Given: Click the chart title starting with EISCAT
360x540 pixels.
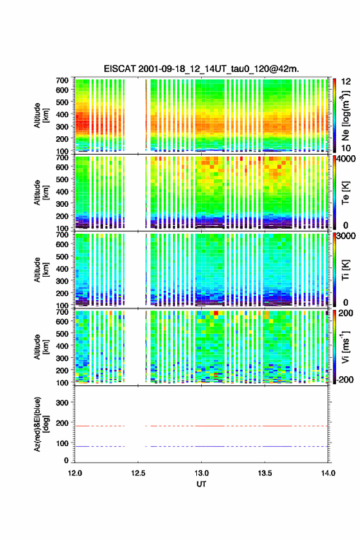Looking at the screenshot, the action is pyautogui.click(x=201, y=69).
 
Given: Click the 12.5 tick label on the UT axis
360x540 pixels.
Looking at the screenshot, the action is pyautogui.click(x=138, y=473).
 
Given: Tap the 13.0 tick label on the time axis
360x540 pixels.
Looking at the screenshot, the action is pyautogui.click(x=201, y=473).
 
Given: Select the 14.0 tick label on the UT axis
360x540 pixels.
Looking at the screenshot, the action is pyautogui.click(x=328, y=473).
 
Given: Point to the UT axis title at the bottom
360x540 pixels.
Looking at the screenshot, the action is pyautogui.click(x=201, y=484).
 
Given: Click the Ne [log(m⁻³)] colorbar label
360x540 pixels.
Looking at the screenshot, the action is pyautogui.click(x=345, y=116).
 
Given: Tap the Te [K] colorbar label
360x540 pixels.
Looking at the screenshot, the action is pyautogui.click(x=345, y=193).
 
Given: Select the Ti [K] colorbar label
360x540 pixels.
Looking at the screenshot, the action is pyautogui.click(x=345, y=269).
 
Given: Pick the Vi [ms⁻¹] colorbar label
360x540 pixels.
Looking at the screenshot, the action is pyautogui.click(x=345, y=347).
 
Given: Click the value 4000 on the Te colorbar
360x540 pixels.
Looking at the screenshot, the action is pyautogui.click(x=347, y=159).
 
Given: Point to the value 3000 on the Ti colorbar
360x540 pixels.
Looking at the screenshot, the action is pyautogui.click(x=347, y=236).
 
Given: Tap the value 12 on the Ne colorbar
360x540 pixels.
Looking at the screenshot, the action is pyautogui.click(x=346, y=82).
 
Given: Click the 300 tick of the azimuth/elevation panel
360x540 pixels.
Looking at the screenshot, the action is pyautogui.click(x=63, y=403).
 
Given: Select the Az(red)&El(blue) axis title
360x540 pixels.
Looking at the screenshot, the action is pyautogui.click(x=41, y=424).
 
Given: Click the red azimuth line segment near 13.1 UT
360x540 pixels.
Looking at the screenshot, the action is pyautogui.click(x=210, y=426).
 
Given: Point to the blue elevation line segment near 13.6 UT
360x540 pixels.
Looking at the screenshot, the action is pyautogui.click(x=277, y=446).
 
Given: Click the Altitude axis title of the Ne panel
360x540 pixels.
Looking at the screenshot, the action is pyautogui.click(x=41, y=115).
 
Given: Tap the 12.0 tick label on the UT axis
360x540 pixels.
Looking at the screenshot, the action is pyautogui.click(x=75, y=473).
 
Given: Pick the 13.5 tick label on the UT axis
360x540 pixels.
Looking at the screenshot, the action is pyautogui.click(x=265, y=473).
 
